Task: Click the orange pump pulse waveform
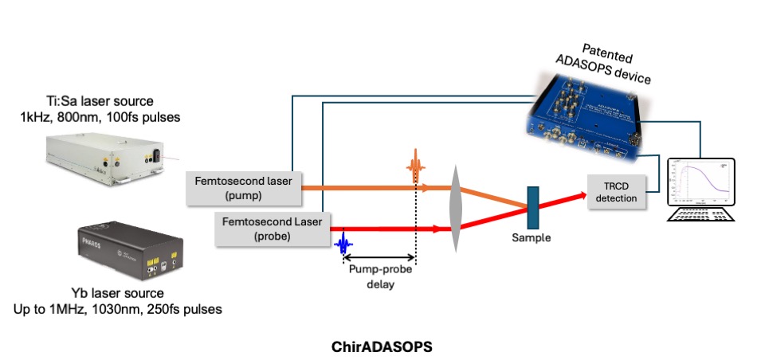pyautogui.click(x=414, y=169)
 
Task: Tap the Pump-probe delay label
pyautogui.click(x=379, y=276)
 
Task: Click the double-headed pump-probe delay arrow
pyautogui.click(x=379, y=257)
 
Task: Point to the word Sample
pyautogui.click(x=531, y=237)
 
